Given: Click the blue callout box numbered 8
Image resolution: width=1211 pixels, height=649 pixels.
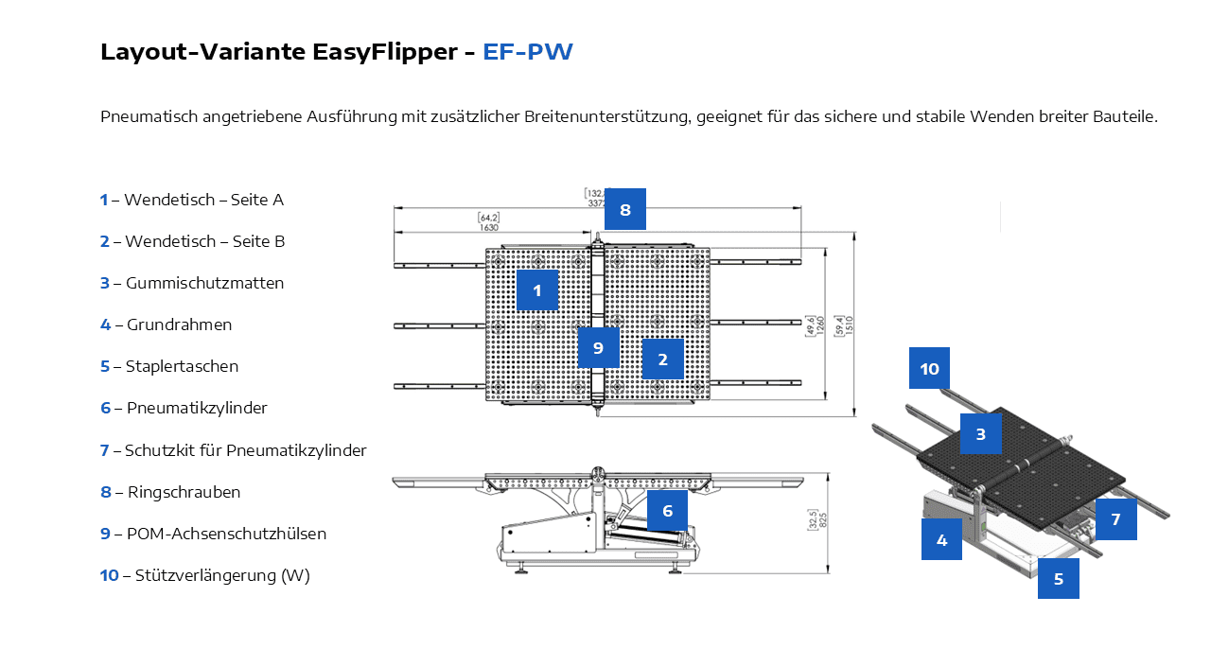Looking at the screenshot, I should pyautogui.click(x=624, y=209).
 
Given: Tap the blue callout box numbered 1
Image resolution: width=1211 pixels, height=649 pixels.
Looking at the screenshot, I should pyautogui.click(x=537, y=290).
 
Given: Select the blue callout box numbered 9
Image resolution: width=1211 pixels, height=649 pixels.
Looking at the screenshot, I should pyautogui.click(x=598, y=347).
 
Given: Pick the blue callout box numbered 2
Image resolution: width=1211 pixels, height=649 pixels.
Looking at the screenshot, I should pyautogui.click(x=663, y=359).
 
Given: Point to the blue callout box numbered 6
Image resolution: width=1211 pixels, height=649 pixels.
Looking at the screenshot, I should pyautogui.click(x=667, y=510).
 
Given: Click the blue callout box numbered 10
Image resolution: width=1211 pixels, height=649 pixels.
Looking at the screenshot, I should pyautogui.click(x=930, y=368).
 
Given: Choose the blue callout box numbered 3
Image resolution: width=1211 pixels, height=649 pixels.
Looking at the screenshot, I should pyautogui.click(x=981, y=434).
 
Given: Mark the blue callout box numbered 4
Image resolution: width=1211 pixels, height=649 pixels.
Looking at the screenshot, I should pyautogui.click(x=941, y=539).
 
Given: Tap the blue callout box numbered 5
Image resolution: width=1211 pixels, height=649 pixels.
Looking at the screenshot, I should pyautogui.click(x=1059, y=578).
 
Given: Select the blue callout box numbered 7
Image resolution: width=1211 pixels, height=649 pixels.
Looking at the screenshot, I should pyautogui.click(x=1116, y=518).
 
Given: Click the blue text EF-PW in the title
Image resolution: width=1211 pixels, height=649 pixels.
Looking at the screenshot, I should pyautogui.click(x=528, y=52).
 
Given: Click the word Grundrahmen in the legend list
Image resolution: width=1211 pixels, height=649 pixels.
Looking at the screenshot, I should pyautogui.click(x=179, y=324).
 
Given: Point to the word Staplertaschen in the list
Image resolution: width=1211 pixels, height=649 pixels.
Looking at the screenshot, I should pyautogui.click(x=182, y=366).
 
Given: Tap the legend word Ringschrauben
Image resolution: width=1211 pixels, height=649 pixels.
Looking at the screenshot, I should pyautogui.click(x=184, y=492).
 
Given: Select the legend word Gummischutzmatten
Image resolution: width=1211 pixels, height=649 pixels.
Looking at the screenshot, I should pyautogui.click(x=204, y=283).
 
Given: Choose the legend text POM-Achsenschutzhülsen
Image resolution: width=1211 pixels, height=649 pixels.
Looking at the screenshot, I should pyautogui.click(x=226, y=534).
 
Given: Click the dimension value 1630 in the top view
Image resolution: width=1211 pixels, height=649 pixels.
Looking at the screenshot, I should pyautogui.click(x=488, y=227).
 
